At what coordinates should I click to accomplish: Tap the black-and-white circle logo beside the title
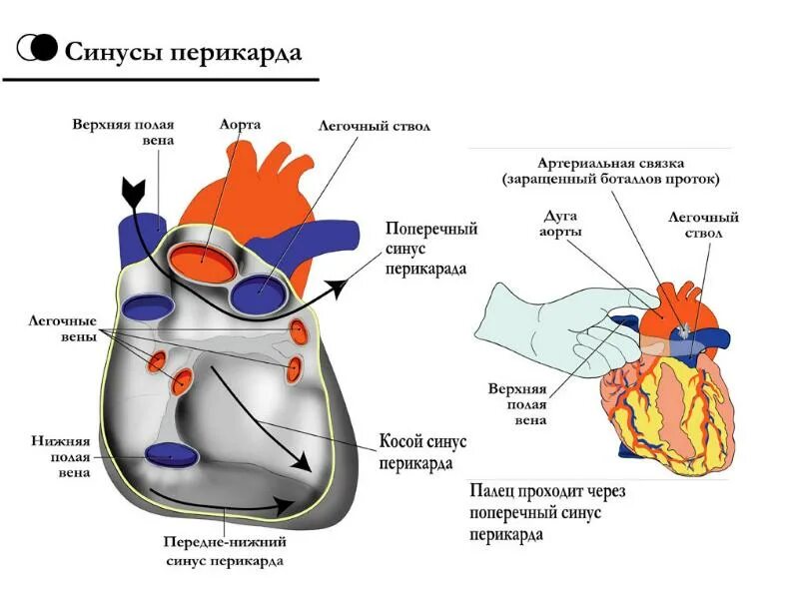[39, 47]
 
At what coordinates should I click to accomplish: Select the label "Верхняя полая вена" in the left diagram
[123, 133]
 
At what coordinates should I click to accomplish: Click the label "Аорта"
[240, 125]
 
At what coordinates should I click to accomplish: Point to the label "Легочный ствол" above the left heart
[375, 128]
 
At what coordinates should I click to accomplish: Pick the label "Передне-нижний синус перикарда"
[225, 551]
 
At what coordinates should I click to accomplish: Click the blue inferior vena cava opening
[172, 456]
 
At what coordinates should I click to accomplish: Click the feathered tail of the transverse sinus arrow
[132, 187]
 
